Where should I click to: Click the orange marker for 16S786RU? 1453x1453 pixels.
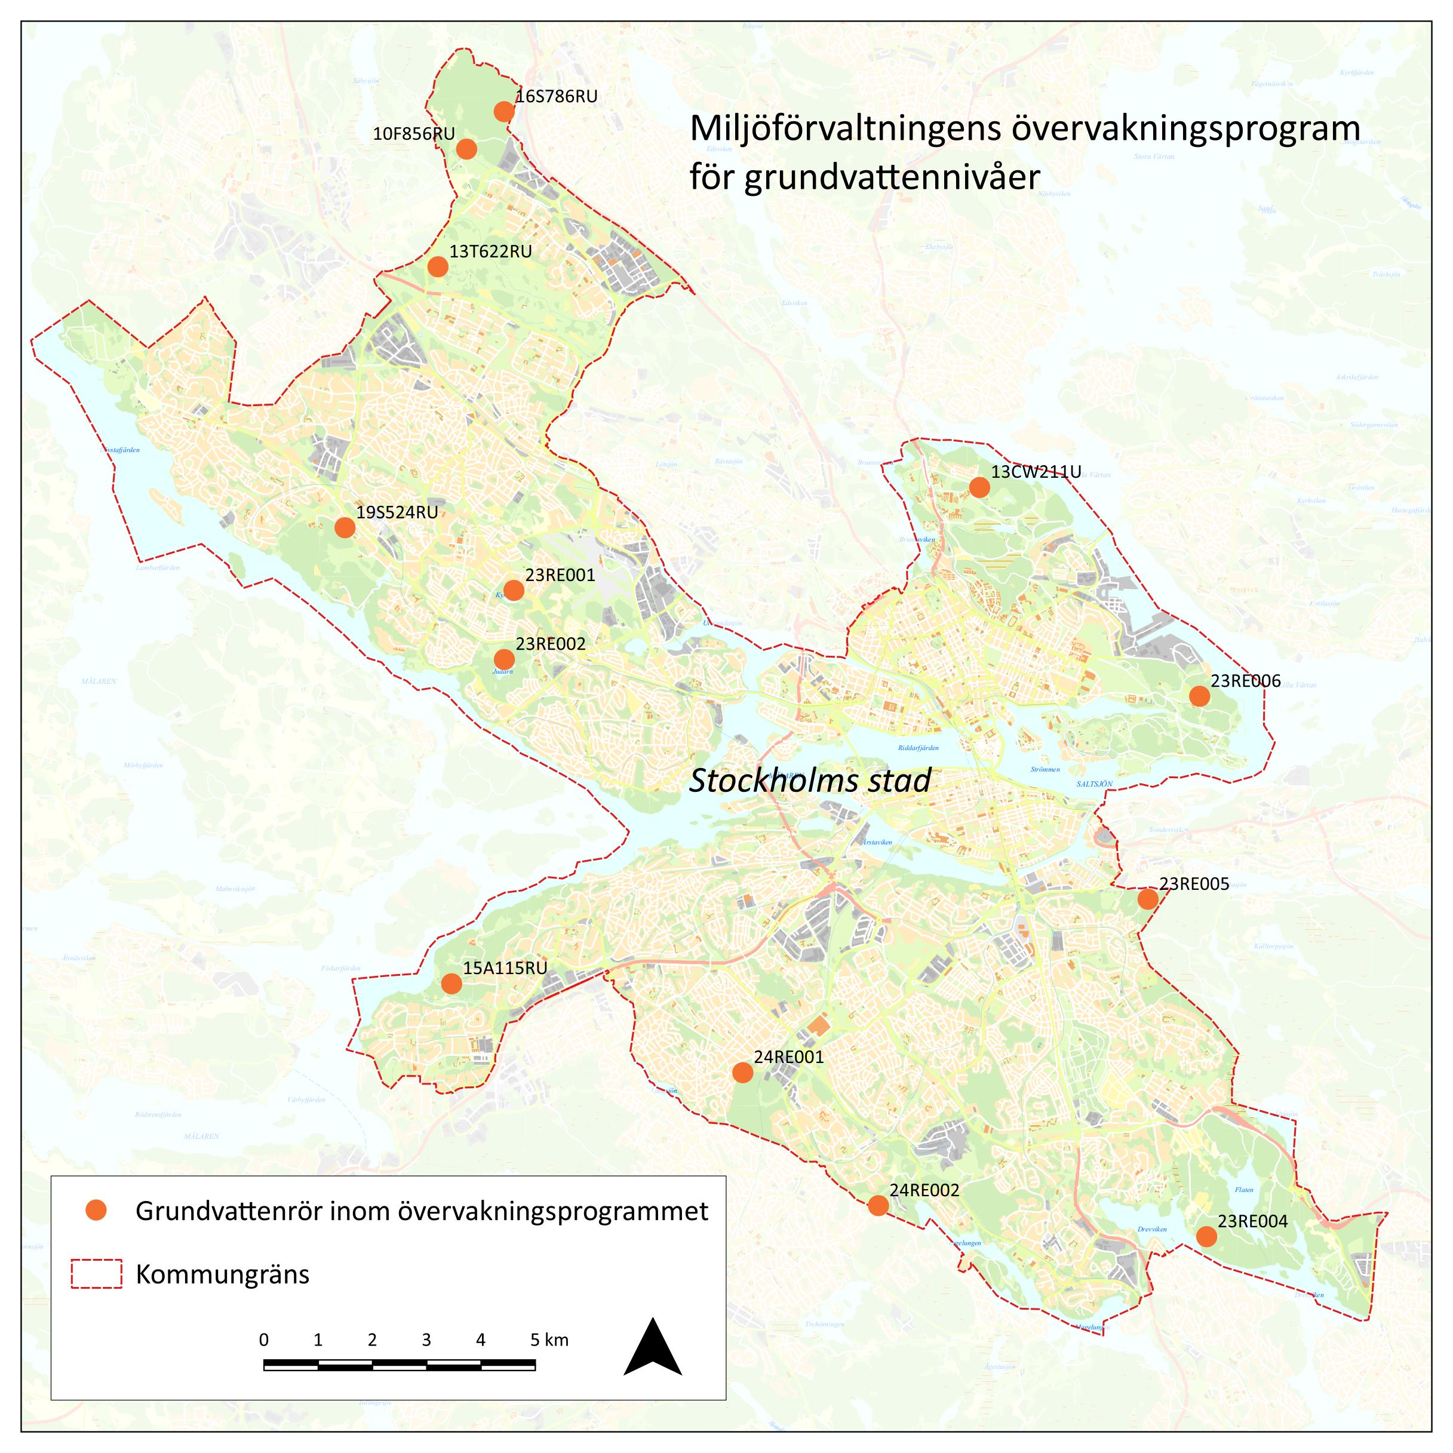[504, 112]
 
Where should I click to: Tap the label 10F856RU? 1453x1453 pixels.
[414, 134]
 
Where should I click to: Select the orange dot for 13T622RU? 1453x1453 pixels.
[438, 266]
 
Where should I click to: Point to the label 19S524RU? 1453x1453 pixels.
[397, 513]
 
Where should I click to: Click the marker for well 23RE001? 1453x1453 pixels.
[514, 589]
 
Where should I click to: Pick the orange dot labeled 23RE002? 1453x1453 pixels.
[504, 659]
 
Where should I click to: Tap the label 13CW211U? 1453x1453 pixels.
[1036, 472]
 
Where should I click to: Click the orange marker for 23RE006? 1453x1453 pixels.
[1200, 696]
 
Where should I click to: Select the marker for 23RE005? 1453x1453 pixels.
[1148, 899]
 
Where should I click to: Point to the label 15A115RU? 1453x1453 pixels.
[505, 968]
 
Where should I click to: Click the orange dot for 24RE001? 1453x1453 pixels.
[742, 1073]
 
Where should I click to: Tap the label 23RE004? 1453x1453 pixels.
[1252, 1221]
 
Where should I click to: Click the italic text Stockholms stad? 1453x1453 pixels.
[810, 781]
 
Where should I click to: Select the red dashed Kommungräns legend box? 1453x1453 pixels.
[96, 1274]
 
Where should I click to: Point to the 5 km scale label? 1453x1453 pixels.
[549, 1340]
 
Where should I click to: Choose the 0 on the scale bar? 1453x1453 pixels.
[263, 1340]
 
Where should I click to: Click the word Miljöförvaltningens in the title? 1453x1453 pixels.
[845, 128]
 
